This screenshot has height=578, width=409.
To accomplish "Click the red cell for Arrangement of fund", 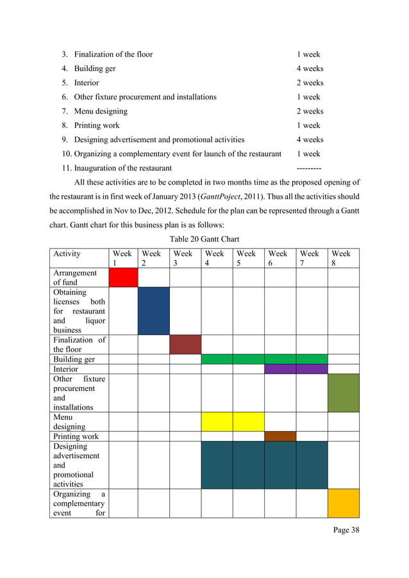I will [123, 277].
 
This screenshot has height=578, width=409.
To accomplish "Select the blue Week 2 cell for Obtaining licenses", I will [154, 311].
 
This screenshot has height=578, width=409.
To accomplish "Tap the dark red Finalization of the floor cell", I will [185, 344].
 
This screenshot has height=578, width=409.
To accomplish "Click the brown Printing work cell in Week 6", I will [280, 436].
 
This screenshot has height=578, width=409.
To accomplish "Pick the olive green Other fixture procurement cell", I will [343, 393].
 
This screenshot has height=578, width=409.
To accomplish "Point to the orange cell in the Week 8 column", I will [343, 503].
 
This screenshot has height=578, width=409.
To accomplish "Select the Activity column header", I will [67, 254].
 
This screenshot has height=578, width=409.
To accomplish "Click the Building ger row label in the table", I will [74, 359].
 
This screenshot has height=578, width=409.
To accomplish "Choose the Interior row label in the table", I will [65, 369].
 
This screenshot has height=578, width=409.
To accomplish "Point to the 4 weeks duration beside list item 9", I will [310, 140].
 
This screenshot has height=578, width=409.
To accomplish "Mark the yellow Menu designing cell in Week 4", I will [217, 422].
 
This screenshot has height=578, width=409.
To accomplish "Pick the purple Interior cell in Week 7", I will [312, 369].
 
